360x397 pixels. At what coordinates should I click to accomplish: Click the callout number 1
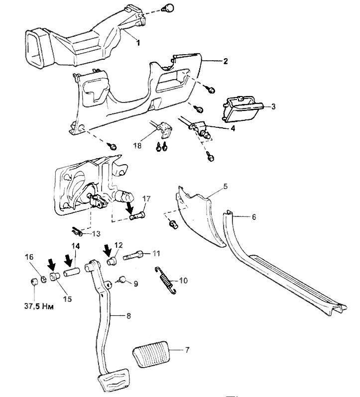[138, 43]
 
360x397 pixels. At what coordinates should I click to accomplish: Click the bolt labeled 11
[133, 255]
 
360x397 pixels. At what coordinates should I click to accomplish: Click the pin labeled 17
[138, 216]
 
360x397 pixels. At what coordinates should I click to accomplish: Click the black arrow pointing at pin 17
[130, 205]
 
